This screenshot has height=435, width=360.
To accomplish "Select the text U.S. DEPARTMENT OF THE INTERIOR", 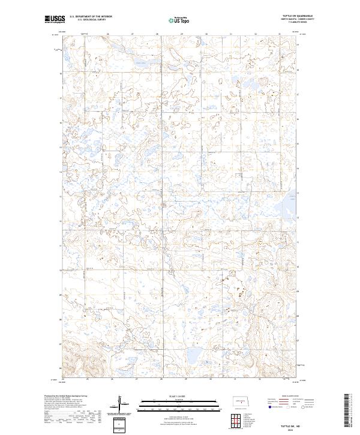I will (90, 17).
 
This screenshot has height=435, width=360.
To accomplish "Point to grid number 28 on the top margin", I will (157, 34).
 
